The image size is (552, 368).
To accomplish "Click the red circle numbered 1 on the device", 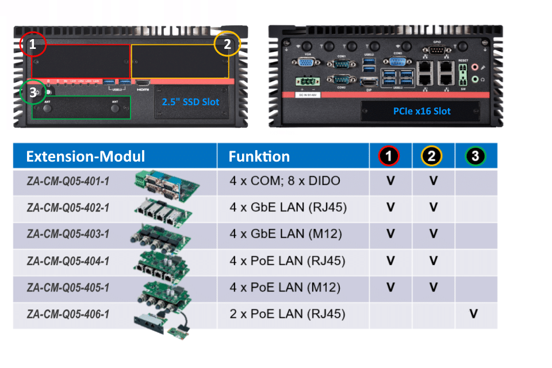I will pos(33,44).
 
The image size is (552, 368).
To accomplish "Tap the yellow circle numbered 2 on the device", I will pos(227,44).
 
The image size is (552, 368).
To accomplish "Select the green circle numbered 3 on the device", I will pos(32,92).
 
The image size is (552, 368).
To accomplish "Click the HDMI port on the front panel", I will pos(143,84).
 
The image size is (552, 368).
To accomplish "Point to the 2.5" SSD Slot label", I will pos(190,102).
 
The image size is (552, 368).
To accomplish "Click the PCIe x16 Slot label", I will pos(422,111).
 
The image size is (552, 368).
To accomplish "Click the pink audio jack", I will pos(476,67).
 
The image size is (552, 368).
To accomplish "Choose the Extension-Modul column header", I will pos(86,156).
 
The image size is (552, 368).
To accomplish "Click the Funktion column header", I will pos(259,156).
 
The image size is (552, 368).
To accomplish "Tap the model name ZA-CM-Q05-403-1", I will pos(68,234).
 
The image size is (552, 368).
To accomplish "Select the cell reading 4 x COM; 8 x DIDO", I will pos(285,181).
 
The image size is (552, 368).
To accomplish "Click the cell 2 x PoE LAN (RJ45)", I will pos(287,314).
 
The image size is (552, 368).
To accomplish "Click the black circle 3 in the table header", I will pos(475,156).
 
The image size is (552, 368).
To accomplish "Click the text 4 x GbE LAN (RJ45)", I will pos(288,208).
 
